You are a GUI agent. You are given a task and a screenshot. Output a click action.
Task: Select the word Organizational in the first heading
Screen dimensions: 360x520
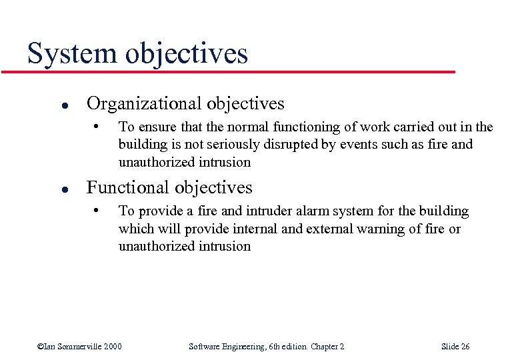click(x=144, y=104)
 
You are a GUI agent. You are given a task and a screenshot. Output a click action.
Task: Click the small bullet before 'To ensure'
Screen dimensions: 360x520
click(x=97, y=126)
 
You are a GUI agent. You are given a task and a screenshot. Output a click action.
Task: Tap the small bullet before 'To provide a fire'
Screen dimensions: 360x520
click(x=97, y=211)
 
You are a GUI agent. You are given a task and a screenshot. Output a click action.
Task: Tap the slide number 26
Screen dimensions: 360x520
click(x=464, y=346)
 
